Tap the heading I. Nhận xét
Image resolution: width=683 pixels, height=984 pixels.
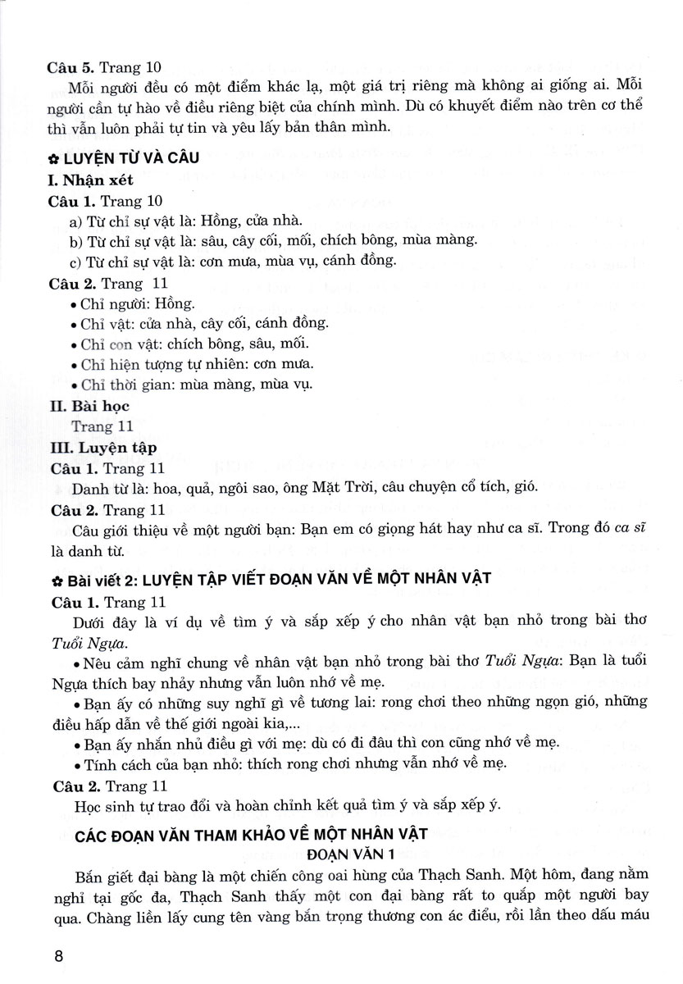(x=90, y=181)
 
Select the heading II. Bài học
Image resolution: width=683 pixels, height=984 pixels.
(x=89, y=405)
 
